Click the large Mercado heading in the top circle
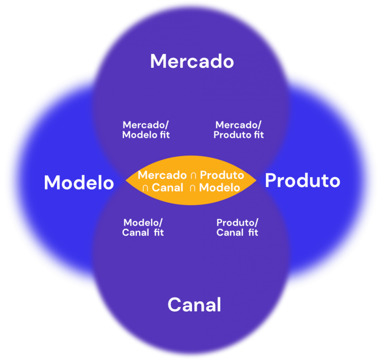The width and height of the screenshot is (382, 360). click(x=191, y=61)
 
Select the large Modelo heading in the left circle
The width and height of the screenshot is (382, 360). click(x=79, y=183)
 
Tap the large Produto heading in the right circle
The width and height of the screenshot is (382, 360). click(x=302, y=180)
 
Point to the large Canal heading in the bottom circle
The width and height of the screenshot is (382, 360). click(x=194, y=304)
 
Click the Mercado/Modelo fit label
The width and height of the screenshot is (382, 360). click(x=146, y=130)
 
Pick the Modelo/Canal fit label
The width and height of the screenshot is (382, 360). click(x=143, y=228)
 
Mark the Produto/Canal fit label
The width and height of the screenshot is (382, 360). click(x=237, y=228)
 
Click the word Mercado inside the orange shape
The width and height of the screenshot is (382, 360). click(x=162, y=175)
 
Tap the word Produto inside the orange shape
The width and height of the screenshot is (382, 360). click(x=222, y=175)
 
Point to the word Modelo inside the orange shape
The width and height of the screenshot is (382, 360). click(x=221, y=188)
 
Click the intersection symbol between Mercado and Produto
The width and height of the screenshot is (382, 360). click(x=193, y=176)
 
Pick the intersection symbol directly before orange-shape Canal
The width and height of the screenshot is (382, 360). click(x=145, y=188)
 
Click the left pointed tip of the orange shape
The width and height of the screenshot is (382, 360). click(x=126, y=182)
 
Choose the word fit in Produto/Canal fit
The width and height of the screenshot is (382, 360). click(x=252, y=233)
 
